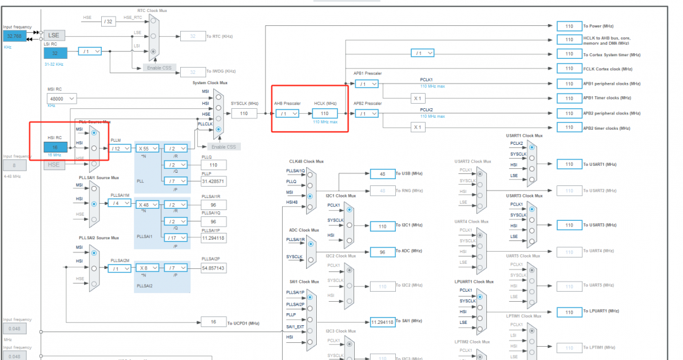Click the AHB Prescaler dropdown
click(287, 114)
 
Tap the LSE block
click(54, 34)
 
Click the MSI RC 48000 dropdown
click(62, 99)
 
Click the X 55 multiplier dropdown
click(147, 148)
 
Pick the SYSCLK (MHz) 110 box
click(244, 113)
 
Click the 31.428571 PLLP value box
click(213, 181)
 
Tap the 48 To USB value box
click(383, 173)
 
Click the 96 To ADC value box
click(383, 251)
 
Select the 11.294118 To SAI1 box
click(383, 322)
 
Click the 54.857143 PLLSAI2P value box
click(213, 268)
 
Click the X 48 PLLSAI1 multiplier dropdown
click(147, 204)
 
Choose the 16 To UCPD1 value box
click(213, 323)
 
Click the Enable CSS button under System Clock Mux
click(226, 146)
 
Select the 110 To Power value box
click(569, 26)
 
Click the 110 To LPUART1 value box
click(569, 312)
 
